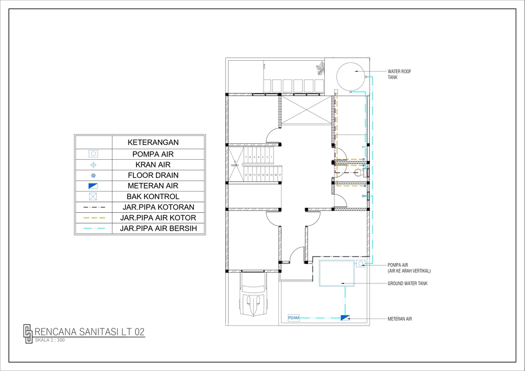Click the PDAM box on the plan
pos(294,318)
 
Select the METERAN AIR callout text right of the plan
pos(400,318)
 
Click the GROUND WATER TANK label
pos(407,283)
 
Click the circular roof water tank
pos(350,77)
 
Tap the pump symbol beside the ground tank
pos(361,264)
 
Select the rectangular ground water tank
pos(336,273)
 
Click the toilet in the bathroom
pos(358,172)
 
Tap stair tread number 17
pos(279,175)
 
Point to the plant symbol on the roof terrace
pos(319,69)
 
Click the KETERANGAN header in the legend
pos(153,142)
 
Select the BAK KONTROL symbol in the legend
pos(93,196)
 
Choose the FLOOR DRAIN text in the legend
pos(153,175)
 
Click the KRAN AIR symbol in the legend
pos(93,165)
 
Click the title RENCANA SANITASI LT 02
pos(90,332)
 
